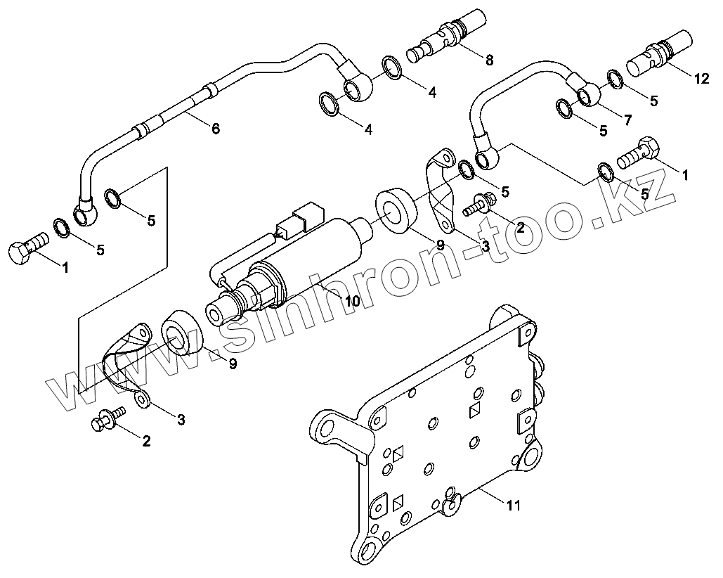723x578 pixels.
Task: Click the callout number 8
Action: click(489, 60)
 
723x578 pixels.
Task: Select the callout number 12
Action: click(701, 79)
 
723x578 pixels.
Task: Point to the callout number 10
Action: click(351, 300)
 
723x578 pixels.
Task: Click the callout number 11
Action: click(514, 505)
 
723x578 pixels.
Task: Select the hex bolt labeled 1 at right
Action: click(638, 154)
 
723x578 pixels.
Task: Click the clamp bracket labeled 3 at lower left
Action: click(126, 359)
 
